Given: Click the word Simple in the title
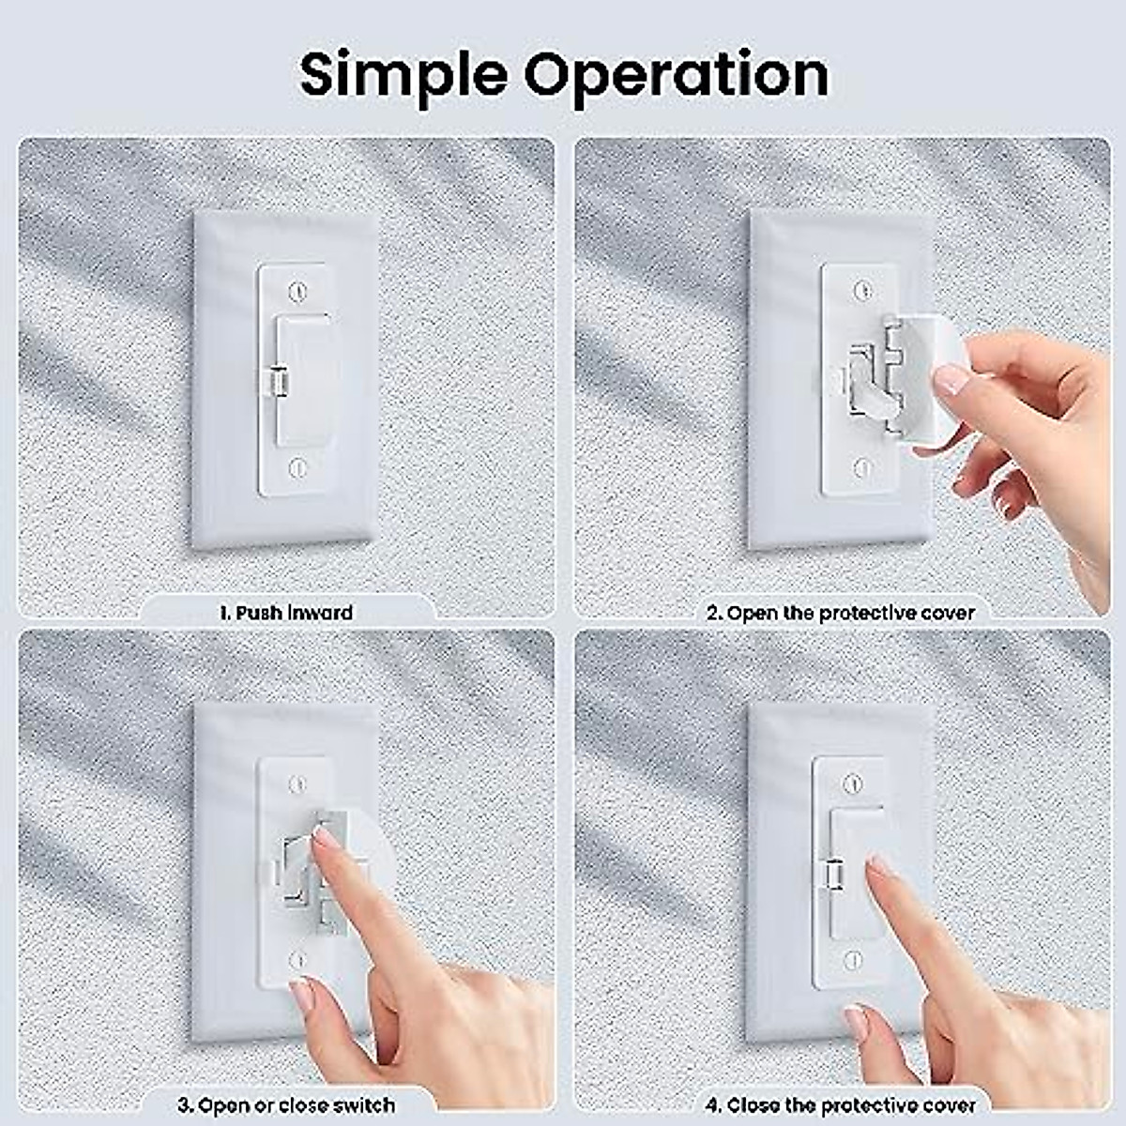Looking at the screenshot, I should coord(403,74).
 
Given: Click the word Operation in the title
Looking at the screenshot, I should coord(677,74).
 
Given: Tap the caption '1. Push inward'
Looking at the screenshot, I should coord(286,613).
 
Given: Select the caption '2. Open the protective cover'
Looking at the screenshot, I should coord(840,613).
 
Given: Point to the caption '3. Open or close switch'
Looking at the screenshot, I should coord(286,1104).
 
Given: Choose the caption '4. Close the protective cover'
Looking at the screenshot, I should coord(840,1105).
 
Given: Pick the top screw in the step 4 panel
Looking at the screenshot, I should coord(852,783).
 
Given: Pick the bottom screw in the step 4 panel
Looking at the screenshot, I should coord(852,959).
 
